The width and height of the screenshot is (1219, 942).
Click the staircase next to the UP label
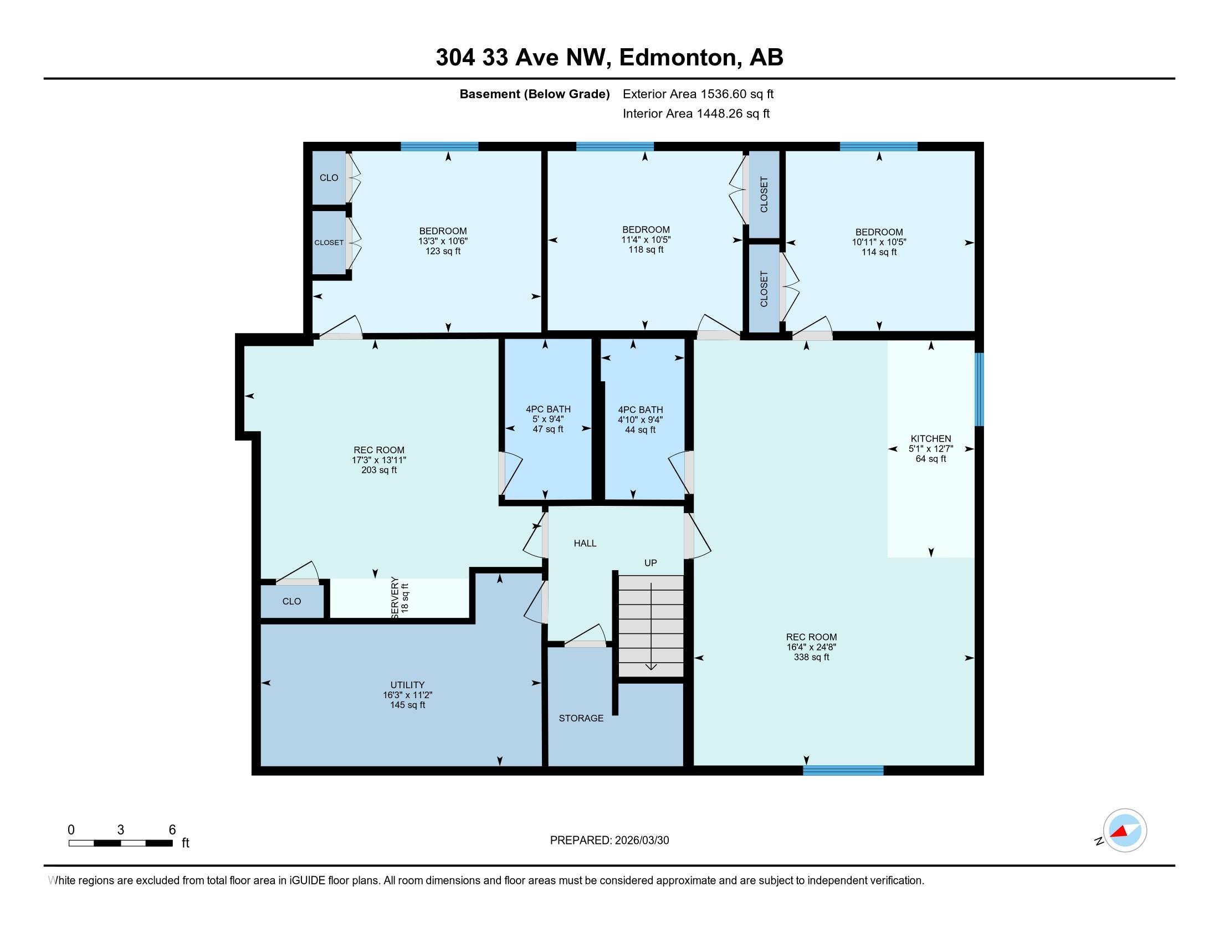pyautogui.click(x=651, y=626)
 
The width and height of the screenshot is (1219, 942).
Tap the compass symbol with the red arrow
pyautogui.click(x=1125, y=831)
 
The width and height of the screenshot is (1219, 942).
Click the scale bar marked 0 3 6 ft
pyautogui.click(x=121, y=843)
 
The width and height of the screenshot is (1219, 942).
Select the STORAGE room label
pyautogui.click(x=581, y=718)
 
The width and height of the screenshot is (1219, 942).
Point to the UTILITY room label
pyautogui.click(x=407, y=685)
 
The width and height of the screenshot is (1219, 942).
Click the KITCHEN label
pyautogui.click(x=930, y=439)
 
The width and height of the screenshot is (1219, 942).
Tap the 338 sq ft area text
pyautogui.click(x=811, y=657)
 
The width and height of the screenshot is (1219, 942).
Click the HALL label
pyautogui.click(x=585, y=543)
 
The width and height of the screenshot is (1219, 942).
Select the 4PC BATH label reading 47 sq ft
pyautogui.click(x=547, y=409)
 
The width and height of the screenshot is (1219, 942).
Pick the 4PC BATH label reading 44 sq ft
pyautogui.click(x=640, y=409)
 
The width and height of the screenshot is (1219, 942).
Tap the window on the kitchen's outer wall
pyautogui.click(x=979, y=389)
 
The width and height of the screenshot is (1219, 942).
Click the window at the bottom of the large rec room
pyautogui.click(x=843, y=771)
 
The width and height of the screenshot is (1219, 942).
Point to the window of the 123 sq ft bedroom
pyautogui.click(x=439, y=147)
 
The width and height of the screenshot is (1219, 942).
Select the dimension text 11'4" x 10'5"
pyautogui.click(x=646, y=240)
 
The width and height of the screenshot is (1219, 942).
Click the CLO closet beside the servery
pyautogui.click(x=291, y=601)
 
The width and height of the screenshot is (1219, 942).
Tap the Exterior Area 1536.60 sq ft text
pyautogui.click(x=698, y=94)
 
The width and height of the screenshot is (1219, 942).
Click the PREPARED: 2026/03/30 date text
pyautogui.click(x=609, y=841)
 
